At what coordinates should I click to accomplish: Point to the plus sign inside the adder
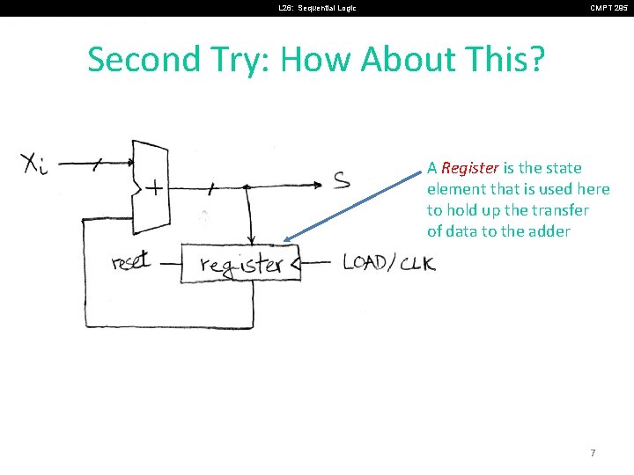tap(155, 188)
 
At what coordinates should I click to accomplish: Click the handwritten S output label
tap(342, 181)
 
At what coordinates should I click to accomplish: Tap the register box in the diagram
tap(240, 263)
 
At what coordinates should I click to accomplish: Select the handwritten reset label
tap(132, 261)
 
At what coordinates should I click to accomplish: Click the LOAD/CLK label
tap(388, 261)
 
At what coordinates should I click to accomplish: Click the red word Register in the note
tap(470, 168)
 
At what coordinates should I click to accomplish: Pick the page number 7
tap(593, 453)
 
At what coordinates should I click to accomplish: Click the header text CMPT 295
tap(608, 8)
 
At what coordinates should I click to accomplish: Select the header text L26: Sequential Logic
tap(317, 8)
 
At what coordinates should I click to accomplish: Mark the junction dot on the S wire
tap(247, 186)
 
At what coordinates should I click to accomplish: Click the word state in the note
tap(562, 168)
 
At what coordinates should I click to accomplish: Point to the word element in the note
tap(455, 189)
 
